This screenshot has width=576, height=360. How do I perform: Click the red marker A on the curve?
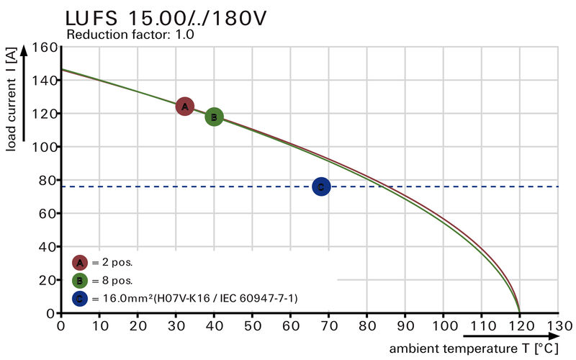[185, 107]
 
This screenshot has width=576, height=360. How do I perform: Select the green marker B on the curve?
[214, 117]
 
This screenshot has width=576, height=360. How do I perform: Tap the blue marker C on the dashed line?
[321, 186]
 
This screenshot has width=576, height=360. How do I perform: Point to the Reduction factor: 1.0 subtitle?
[130, 34]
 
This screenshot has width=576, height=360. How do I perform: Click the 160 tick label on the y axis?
[45, 48]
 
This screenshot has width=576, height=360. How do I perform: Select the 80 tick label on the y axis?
[48, 180]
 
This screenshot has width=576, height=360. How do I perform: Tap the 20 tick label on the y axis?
[48, 280]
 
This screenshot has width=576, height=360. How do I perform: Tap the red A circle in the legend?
[80, 262]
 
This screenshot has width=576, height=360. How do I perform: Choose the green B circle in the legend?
[80, 280]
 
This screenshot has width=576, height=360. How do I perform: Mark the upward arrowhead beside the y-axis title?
[25, 51]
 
